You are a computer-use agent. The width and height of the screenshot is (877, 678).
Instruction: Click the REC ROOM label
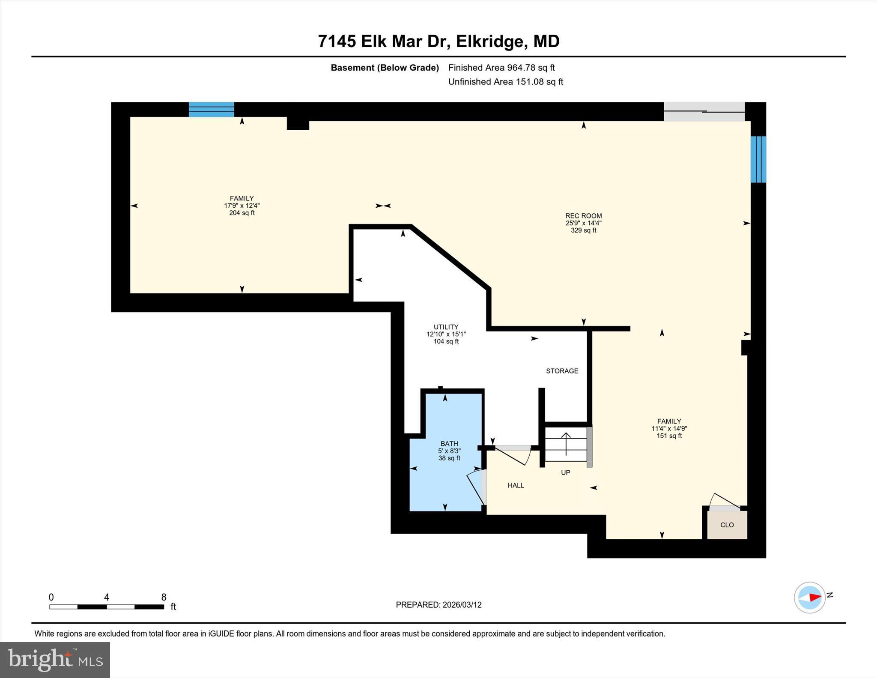coord(583,216)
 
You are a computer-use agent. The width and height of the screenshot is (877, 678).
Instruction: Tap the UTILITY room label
coord(446,327)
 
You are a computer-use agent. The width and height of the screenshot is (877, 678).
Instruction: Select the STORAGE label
coord(562,371)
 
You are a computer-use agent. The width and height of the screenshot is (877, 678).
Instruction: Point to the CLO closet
coord(727,525)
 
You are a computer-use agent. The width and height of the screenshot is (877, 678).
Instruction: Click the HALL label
coord(516,485)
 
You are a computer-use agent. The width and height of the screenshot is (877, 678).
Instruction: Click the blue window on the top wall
coord(212,109)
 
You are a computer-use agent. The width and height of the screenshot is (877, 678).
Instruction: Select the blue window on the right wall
coord(758,159)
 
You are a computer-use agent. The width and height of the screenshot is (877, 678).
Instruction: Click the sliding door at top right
coord(704,111)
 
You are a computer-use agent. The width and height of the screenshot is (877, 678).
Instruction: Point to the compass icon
coord(809,597)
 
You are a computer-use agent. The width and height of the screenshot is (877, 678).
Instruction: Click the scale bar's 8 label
coord(164,597)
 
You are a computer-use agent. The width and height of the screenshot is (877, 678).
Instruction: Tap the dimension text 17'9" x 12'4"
coord(242,206)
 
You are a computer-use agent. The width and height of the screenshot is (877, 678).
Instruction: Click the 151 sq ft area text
coord(669,436)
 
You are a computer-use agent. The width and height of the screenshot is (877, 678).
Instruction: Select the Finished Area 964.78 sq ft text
coord(501,68)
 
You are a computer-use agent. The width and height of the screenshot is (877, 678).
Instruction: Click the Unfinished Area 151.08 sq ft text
coord(505,82)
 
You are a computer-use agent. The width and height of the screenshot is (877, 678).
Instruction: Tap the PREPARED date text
coord(438,605)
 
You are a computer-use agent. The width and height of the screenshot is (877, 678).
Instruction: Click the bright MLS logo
coord(55,660)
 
